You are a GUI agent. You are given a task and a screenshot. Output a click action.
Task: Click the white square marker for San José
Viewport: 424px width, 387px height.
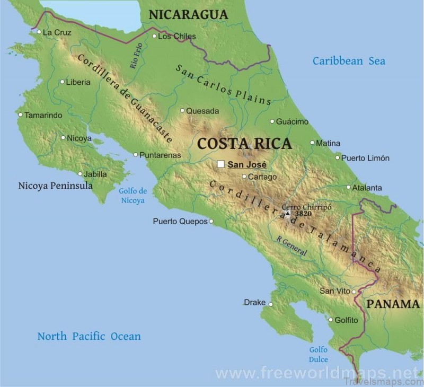coord(220,164)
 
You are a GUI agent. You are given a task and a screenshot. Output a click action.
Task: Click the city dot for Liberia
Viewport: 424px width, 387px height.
coord(62,82)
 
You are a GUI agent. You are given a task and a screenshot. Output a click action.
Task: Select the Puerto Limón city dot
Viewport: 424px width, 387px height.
coord(337,157)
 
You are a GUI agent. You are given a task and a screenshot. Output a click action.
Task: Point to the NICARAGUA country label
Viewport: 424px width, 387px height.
coord(188,15)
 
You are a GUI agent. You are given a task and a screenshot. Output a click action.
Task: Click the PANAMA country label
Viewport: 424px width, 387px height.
coord(393,304)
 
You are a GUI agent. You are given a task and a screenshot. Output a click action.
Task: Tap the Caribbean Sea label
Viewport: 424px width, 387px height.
coord(349,61)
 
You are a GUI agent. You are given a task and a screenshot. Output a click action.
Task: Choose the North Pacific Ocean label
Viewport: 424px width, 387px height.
coord(89,336)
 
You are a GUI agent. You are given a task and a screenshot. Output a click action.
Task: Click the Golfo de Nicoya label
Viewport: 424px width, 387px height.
coord(132,196)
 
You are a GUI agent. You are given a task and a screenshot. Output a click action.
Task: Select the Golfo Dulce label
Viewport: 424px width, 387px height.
coord(319,355)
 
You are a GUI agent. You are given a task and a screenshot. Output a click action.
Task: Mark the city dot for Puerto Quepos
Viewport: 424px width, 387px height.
coord(211,222)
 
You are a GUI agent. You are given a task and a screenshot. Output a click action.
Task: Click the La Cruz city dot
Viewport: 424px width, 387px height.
coord(39,32)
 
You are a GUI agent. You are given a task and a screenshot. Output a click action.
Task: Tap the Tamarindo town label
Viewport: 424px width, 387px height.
coord(43,115)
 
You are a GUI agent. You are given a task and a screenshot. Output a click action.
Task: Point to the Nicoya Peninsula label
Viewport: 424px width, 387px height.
coord(55,186)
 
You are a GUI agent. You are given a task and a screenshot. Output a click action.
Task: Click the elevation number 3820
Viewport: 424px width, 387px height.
coord(303,214)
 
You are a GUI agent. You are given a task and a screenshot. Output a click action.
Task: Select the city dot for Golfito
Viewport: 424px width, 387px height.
coord(330,320)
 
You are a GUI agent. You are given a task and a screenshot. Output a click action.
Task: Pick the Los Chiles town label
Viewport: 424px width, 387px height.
coord(177,37)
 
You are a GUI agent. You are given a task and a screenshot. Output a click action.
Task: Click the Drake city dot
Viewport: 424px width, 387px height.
coord(270,304)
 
